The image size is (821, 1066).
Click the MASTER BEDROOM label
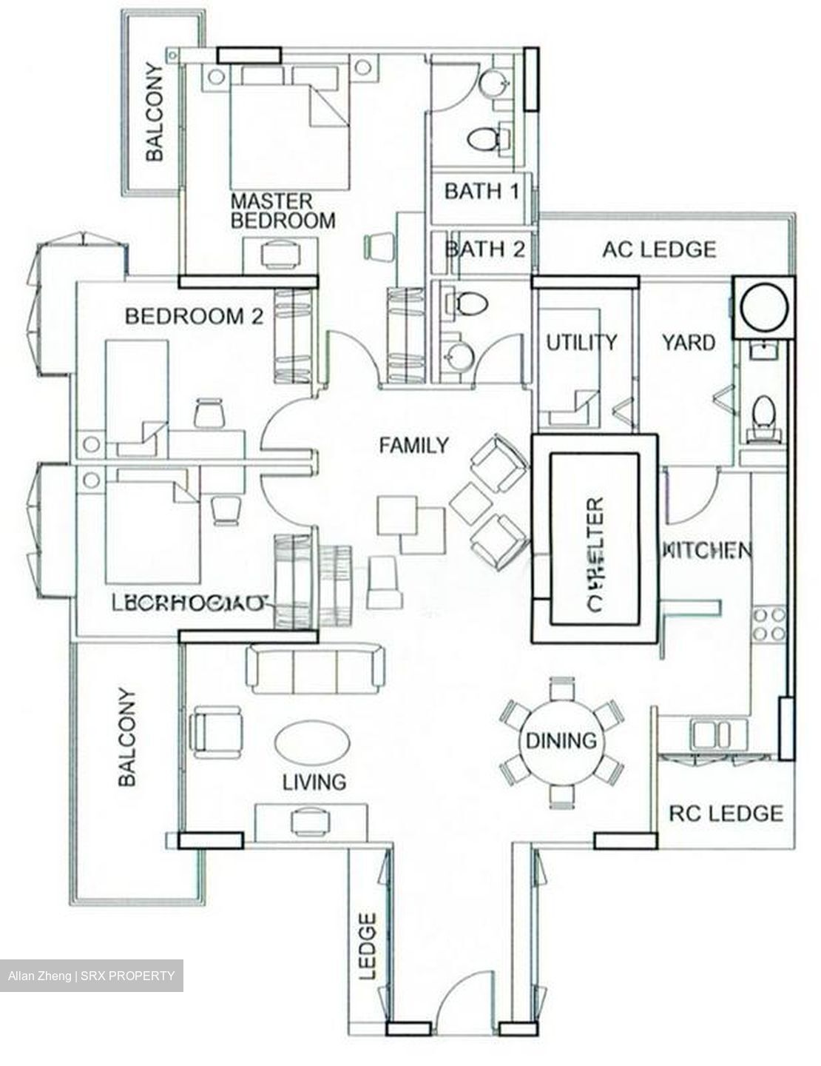[x=283, y=211]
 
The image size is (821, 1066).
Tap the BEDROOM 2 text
[x=194, y=317]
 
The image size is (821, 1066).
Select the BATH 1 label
[x=482, y=192]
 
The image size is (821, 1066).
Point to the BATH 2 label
[x=484, y=249]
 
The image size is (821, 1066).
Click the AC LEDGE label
[x=659, y=249]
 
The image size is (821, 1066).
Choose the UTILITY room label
[x=581, y=342]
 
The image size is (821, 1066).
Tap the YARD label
[x=688, y=343]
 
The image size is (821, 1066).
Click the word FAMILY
[x=413, y=446]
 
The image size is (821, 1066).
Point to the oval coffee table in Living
[x=311, y=740]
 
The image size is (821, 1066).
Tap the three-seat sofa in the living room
[x=315, y=668]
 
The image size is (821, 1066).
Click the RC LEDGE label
[x=726, y=814]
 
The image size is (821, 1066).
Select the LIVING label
[x=314, y=782]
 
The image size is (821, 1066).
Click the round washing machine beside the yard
[x=763, y=308]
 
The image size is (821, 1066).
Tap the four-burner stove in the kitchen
[x=768, y=624]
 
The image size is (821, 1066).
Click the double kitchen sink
[x=712, y=735]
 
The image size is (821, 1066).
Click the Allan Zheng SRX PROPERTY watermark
[x=92, y=976]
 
